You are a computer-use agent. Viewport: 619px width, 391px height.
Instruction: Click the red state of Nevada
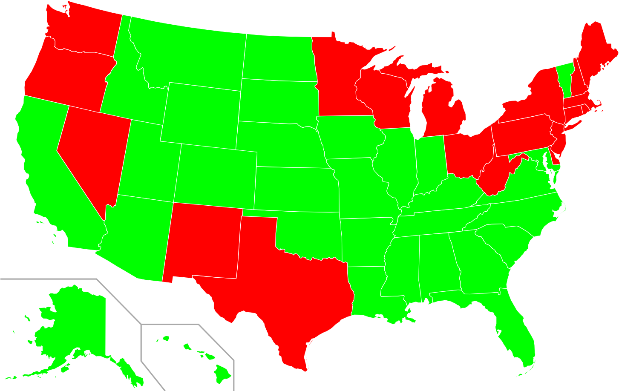tap(92, 149)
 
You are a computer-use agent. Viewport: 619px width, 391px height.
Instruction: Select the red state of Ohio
tap(466, 153)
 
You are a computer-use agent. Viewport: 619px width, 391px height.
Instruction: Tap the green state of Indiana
tap(430, 162)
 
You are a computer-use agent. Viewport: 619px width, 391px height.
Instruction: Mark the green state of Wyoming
tap(200, 115)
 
